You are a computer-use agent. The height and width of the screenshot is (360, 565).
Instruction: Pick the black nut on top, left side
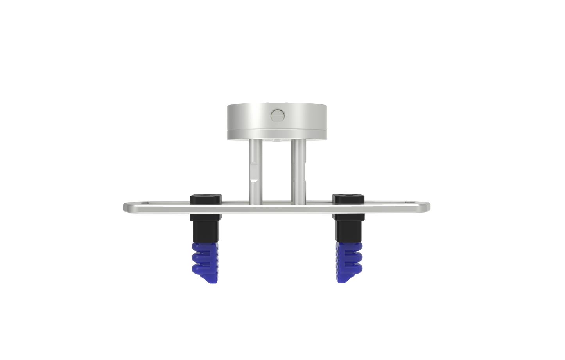pyautogui.click(x=206, y=198)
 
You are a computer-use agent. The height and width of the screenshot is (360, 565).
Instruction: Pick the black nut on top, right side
pyautogui.click(x=348, y=198)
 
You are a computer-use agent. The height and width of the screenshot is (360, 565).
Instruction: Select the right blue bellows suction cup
pyautogui.click(x=345, y=260)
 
